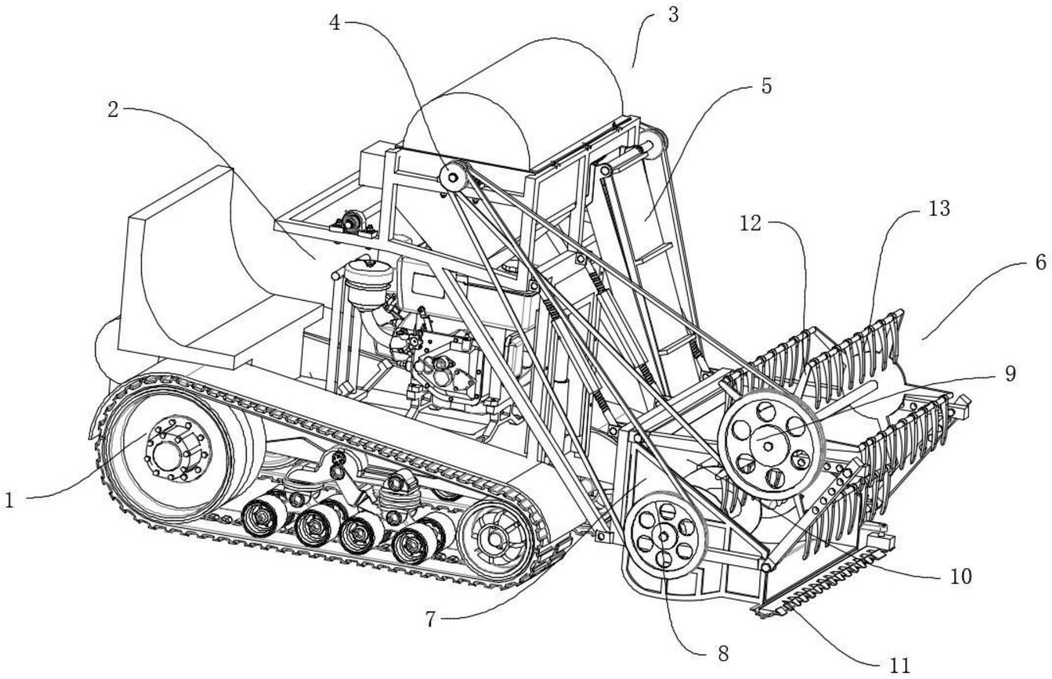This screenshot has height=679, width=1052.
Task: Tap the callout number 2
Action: (113, 109)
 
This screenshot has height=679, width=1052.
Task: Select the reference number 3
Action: (673, 15)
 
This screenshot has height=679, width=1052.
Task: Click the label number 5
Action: (766, 87)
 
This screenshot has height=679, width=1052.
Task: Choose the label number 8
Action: (723, 654)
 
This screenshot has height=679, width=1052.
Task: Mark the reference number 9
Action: (1009, 373)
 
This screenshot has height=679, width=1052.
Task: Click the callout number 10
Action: (960, 576)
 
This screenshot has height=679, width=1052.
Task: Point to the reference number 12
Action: (750, 224)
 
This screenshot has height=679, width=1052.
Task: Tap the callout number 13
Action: (939, 208)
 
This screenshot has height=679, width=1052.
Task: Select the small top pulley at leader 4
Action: (453, 178)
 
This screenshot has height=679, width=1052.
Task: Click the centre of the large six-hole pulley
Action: (767, 446)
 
